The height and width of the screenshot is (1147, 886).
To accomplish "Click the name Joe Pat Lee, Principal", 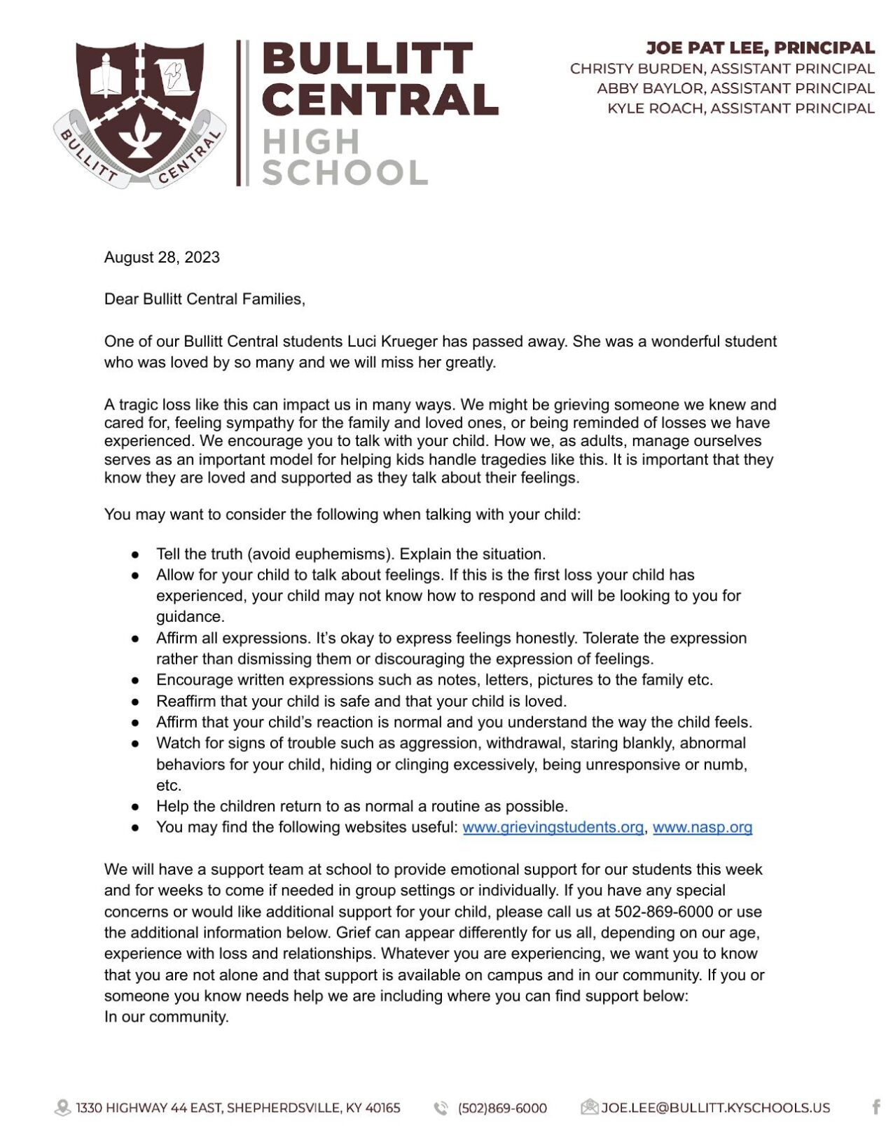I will pos(760,48).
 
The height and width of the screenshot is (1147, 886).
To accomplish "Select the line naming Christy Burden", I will pos(722,69).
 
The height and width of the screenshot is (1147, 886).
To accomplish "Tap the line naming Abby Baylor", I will pos(735,88).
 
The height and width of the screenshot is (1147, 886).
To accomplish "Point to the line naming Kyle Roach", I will pos(740,109).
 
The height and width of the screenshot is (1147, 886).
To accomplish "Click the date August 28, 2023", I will pos(162,257).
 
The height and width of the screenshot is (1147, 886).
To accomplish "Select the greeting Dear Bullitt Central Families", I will pos(205,299).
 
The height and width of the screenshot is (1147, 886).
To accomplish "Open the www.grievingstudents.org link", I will pos(553,827).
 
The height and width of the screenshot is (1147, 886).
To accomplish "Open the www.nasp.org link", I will pos(702,827).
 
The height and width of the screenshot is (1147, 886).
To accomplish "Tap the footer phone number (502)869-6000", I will pos(502,1108).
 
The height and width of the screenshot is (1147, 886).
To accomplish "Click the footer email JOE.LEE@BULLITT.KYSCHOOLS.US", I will pos(715,1108).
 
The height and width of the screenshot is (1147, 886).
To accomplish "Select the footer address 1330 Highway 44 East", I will pos(238,1108).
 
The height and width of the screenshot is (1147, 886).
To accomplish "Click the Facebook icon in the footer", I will pos(875,1107).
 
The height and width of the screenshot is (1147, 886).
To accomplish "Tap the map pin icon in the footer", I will pos(62,1108).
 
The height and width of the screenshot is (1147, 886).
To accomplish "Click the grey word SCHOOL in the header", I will pos(345,172).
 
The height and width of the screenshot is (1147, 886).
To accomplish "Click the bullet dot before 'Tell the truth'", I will pos(135,555).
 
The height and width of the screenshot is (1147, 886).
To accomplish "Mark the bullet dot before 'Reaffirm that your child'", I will pos(135,702).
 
